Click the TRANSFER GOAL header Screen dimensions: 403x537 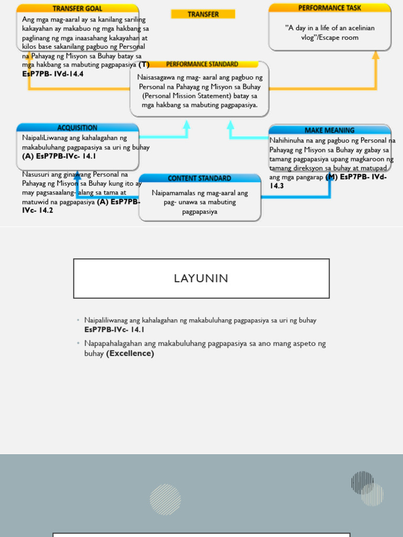(x=77, y=8)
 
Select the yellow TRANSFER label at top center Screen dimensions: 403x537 (x=203, y=14)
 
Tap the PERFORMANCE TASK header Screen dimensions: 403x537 (x=330, y=8)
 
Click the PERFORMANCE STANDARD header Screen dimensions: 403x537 (x=202, y=64)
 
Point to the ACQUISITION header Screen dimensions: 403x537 (x=77, y=127)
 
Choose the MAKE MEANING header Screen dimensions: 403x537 (x=330, y=130)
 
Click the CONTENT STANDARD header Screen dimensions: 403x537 (x=199, y=178)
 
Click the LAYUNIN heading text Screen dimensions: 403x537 (x=201, y=278)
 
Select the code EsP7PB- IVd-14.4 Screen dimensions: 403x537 (x=52, y=74)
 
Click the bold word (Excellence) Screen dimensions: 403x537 (x=130, y=353)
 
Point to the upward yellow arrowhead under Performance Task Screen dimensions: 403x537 (x=376, y=55)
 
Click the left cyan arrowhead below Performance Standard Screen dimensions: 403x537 (x=186, y=124)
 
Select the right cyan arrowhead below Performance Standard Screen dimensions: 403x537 (x=230, y=124)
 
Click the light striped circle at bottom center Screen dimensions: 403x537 (x=165, y=499)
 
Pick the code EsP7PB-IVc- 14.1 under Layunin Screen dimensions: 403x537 (x=114, y=329)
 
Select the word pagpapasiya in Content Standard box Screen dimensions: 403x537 (x=199, y=211)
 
